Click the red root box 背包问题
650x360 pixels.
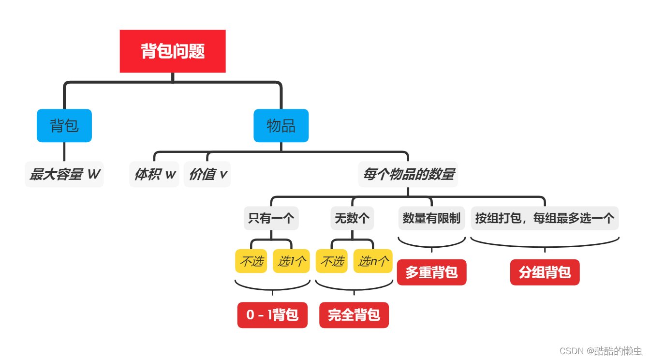(173, 51)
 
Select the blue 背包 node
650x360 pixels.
(64, 126)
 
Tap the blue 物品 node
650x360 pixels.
(281, 126)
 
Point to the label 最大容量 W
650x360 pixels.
(64, 174)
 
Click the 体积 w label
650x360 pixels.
(155, 174)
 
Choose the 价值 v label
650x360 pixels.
(207, 174)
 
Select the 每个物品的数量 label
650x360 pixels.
(408, 174)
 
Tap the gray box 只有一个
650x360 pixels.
(271, 218)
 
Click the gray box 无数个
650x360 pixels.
(352, 218)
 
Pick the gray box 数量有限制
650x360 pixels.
(431, 218)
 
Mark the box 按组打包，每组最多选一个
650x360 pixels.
(545, 218)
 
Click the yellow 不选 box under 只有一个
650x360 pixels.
(251, 261)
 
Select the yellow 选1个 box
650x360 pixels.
(291, 261)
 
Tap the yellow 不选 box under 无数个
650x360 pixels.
(332, 261)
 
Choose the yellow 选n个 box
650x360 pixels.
(373, 261)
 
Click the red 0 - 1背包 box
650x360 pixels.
(272, 315)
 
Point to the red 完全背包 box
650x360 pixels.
(354, 315)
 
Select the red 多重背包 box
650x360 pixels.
(431, 272)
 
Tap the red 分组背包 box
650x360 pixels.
(545, 272)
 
